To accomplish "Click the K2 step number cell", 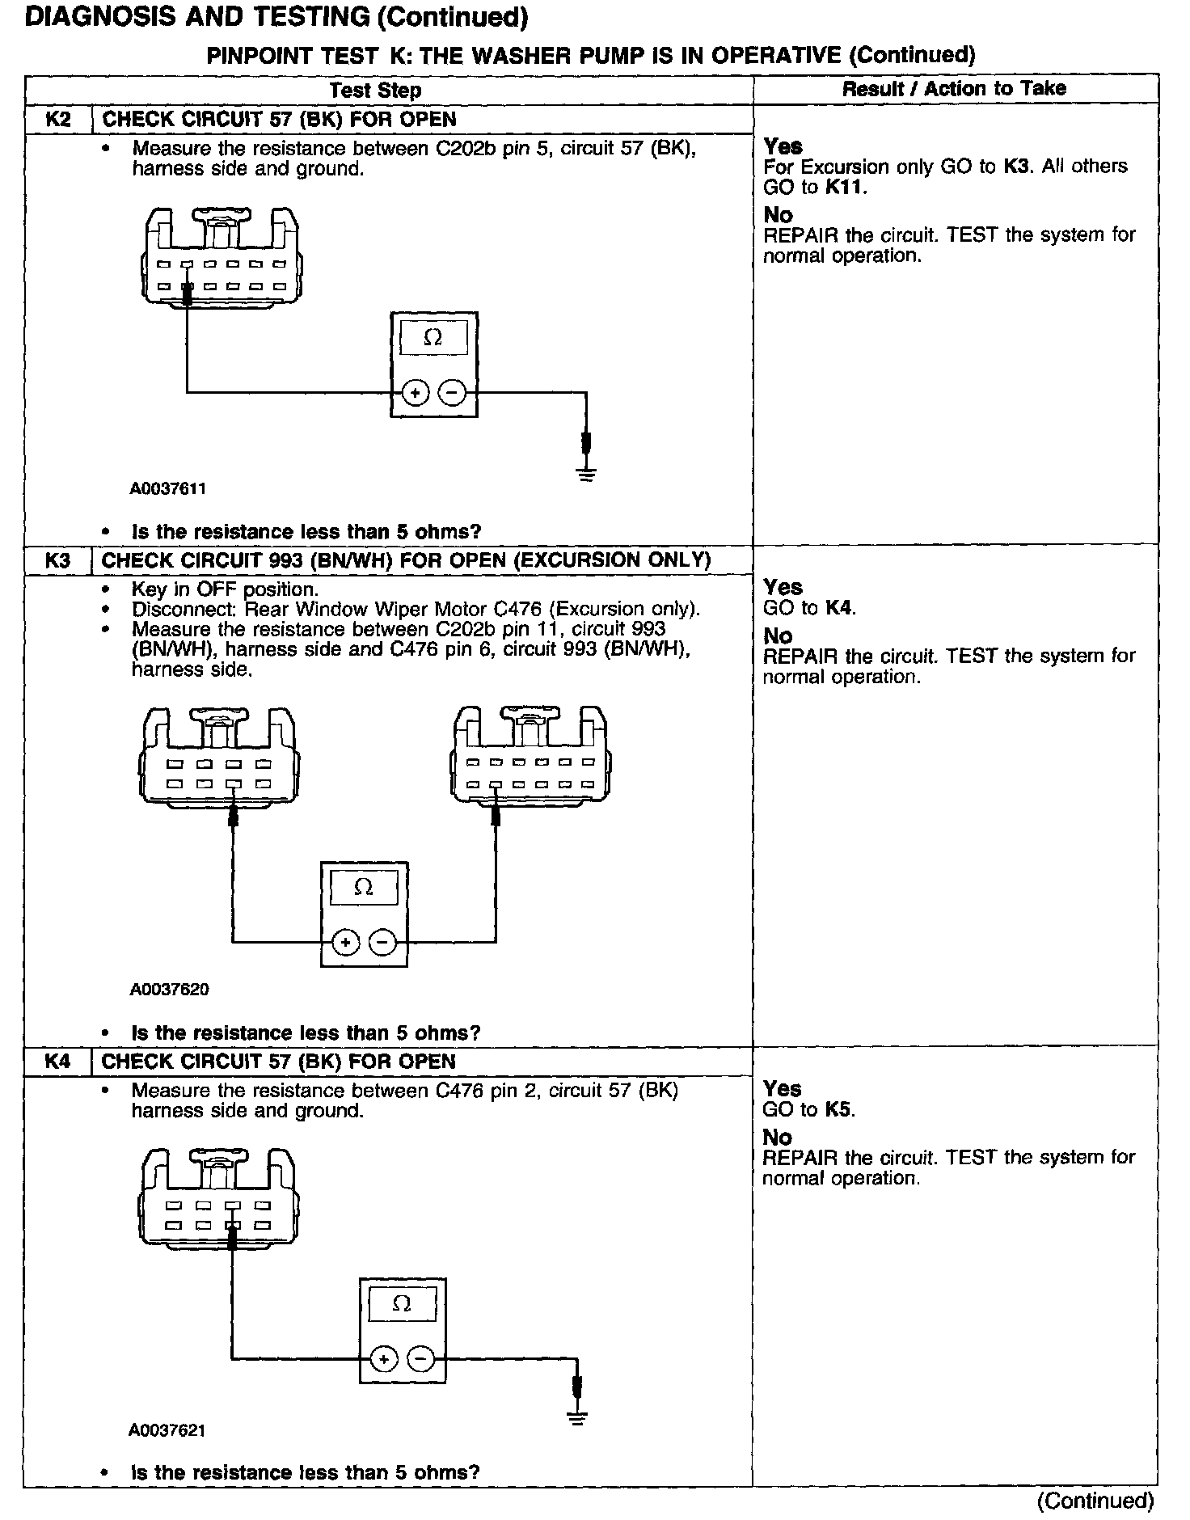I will [x=57, y=120].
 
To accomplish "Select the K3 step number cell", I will [x=57, y=560].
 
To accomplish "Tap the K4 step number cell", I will [x=57, y=1062].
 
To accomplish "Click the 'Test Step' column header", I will [x=375, y=90].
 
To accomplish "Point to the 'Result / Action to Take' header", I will [x=954, y=89].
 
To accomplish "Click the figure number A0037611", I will [x=168, y=488].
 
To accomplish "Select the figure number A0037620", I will [x=168, y=990].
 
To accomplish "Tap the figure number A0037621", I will [x=167, y=1430].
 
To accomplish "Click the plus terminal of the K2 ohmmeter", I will [x=415, y=394].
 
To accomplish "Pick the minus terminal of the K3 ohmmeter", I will [x=382, y=943].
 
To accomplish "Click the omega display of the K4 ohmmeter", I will [x=402, y=1303].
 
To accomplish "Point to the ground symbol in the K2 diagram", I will [x=587, y=473].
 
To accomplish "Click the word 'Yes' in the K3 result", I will [x=783, y=587].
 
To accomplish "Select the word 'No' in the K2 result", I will [x=778, y=215].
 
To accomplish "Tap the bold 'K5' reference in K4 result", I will [x=839, y=1109].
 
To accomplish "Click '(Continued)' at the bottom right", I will [x=1095, y=1501].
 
